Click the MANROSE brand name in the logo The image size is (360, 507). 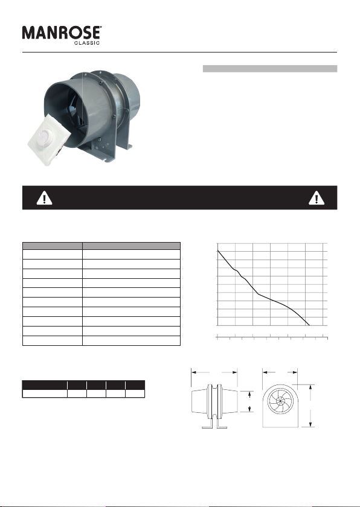(x=61, y=33)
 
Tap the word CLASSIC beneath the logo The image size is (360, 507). (x=87, y=43)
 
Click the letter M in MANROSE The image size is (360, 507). (x=29, y=33)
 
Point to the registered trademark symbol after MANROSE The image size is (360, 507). (x=101, y=27)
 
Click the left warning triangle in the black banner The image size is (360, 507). (x=44, y=198)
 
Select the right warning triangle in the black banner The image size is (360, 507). (x=317, y=198)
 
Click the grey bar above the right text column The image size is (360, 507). (x=270, y=69)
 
